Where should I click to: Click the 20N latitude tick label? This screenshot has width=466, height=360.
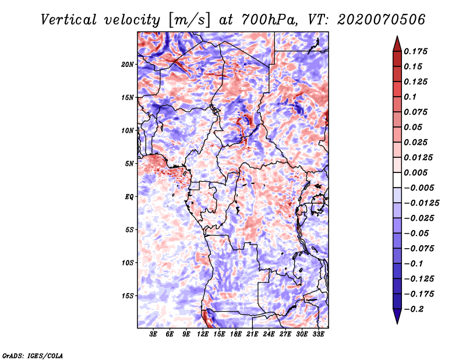point(128,64)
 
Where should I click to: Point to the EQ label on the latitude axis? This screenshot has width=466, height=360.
point(129,196)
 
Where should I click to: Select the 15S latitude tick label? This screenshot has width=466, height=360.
point(128,295)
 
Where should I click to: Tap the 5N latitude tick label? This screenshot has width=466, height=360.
point(129,163)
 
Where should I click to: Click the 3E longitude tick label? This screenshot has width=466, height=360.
point(154,334)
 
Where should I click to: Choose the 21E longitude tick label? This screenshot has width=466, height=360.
point(253,334)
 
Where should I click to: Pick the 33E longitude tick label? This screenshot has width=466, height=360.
point(319,334)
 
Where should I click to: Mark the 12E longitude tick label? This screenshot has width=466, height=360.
point(203,334)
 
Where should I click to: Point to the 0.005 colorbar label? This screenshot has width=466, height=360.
point(417,172)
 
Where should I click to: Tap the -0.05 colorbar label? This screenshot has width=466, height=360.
point(417,233)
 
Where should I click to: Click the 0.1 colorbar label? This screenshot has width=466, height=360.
point(411,97)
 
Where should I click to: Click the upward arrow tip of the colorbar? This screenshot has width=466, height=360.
point(396,38)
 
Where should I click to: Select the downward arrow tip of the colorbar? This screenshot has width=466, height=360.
point(396,322)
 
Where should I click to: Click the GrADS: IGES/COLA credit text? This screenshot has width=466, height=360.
point(32,355)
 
